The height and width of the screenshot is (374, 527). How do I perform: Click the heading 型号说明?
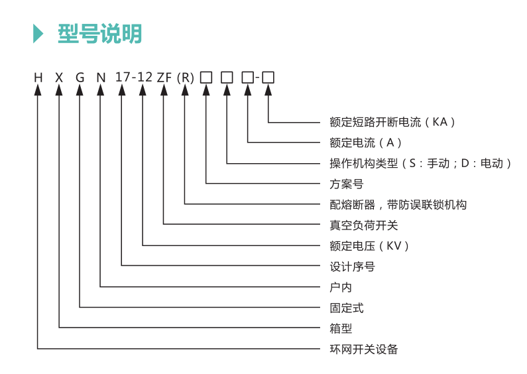pyautogui.click(x=100, y=34)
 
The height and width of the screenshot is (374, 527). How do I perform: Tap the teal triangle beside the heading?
pyautogui.click(x=38, y=34)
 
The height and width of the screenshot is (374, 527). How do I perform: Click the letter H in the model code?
pyautogui.click(x=38, y=78)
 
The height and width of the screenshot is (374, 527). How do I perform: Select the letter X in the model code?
pyautogui.click(x=59, y=78)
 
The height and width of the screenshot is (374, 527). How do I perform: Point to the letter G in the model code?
pyautogui.click(x=80, y=78)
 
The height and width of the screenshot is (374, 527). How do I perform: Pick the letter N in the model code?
pyautogui.click(x=101, y=78)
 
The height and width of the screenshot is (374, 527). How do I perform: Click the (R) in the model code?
pyautogui.click(x=186, y=78)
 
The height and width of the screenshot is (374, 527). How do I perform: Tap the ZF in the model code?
pyautogui.click(x=164, y=78)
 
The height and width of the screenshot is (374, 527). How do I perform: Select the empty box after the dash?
pyautogui.click(x=268, y=78)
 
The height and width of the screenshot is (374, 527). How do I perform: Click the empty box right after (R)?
pyautogui.click(x=206, y=78)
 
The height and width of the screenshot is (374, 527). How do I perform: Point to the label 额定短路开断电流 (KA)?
pyautogui.click(x=392, y=122)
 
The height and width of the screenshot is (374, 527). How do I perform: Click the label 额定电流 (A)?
pyautogui.click(x=365, y=143)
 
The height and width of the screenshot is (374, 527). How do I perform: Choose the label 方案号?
pyautogui.click(x=347, y=184)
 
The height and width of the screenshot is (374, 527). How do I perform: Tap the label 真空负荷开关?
pyautogui.click(x=364, y=225)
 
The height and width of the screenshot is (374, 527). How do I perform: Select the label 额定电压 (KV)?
pyautogui.click(x=369, y=246)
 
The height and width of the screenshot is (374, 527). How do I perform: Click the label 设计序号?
pyautogui.click(x=352, y=267)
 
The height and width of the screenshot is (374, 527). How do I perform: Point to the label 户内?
pyautogui.click(x=341, y=288)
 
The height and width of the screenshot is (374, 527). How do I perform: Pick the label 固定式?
pyautogui.click(x=347, y=308)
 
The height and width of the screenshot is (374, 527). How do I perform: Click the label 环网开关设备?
pyautogui.click(x=364, y=349)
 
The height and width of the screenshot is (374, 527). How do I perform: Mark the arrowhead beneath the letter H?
pyautogui.click(x=38, y=90)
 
